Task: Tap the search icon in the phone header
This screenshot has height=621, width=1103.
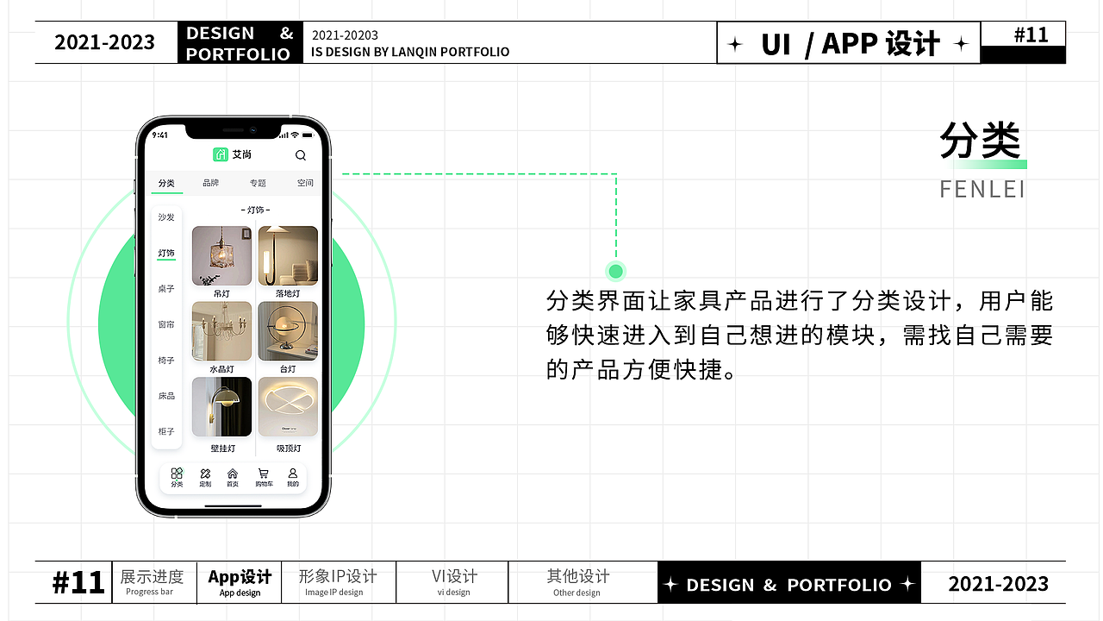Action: click(x=301, y=155)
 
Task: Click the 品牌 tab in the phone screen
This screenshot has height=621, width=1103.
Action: click(x=211, y=183)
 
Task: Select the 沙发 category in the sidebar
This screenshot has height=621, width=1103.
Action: click(x=166, y=217)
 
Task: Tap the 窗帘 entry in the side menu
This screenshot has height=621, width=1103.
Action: click(x=166, y=324)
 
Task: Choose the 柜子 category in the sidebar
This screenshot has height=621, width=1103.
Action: click(x=166, y=431)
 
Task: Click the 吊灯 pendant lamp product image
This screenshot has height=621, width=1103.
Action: click(x=221, y=256)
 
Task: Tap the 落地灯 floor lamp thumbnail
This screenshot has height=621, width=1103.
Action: click(x=288, y=256)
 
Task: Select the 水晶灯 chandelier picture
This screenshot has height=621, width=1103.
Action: click(x=221, y=331)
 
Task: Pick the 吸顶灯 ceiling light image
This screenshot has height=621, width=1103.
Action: click(x=288, y=407)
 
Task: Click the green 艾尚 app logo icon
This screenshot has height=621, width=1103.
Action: click(x=220, y=154)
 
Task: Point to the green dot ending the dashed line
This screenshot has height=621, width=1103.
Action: click(x=615, y=272)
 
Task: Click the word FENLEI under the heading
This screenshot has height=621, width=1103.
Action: click(x=982, y=189)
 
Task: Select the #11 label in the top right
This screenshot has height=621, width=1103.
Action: click(x=1031, y=34)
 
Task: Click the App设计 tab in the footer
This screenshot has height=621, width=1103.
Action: click(x=240, y=582)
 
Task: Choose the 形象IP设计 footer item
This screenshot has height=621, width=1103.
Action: click(x=338, y=582)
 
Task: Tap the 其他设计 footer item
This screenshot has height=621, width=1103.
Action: click(x=577, y=582)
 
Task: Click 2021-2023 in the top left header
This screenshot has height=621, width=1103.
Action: click(x=105, y=42)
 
